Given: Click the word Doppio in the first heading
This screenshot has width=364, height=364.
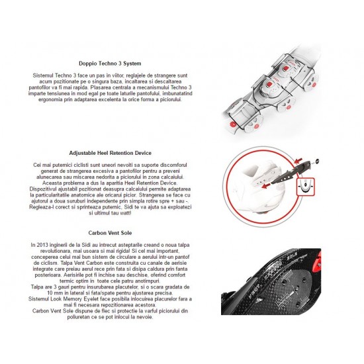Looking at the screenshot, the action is coord(87,64).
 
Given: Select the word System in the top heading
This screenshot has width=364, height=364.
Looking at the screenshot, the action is coord(132,64).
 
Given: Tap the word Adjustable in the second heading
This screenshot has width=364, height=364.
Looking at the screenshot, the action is coord(83,154).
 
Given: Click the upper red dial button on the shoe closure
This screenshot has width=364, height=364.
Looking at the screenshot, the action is coord(286,68).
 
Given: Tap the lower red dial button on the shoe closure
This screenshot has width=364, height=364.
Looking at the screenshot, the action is coord(270,84).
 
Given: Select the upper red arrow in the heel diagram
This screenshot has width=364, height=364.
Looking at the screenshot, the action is coord(298,160).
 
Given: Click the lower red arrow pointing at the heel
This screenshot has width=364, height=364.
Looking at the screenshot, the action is coord(266,185).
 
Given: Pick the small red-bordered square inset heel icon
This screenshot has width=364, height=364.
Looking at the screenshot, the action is coord(306,187).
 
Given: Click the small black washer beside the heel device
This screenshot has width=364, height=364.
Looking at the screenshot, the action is coord(317,161).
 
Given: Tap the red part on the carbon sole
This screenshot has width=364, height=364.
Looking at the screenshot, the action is coord(317,261).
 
